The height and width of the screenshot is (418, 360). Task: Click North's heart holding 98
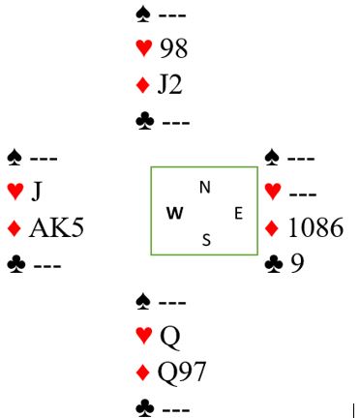tap(173, 49)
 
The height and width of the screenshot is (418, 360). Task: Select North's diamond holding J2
tap(169, 85)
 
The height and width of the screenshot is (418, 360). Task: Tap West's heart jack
tap(37, 192)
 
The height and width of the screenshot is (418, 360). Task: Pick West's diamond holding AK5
tap(56, 227)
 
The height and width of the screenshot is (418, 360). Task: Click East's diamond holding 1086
tap(315, 227)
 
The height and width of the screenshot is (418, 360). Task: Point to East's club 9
tap(297, 263)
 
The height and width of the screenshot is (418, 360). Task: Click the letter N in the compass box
tap(205, 188)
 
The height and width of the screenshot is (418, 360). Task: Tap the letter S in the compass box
tap(206, 240)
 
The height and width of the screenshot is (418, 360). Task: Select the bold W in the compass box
tap(175, 214)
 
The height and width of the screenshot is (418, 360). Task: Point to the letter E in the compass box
tap(238, 214)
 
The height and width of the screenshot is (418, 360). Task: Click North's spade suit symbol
tap(143, 15)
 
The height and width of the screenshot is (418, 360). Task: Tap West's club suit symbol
tap(16, 265)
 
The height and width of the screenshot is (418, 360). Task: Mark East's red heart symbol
tap(273, 192)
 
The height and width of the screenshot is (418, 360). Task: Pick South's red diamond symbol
tap(143, 373)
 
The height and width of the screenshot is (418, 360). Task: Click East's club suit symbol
tap(274, 264)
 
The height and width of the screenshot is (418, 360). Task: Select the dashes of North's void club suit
tap(176, 123)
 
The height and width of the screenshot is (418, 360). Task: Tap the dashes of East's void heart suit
tap(303, 194)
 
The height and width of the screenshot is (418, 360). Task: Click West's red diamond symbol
tap(15, 228)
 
